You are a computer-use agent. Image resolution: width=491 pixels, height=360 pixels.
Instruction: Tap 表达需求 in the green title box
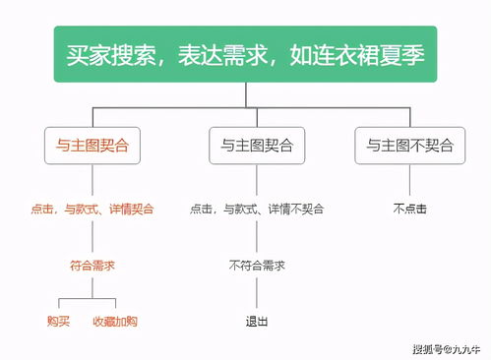(222, 56)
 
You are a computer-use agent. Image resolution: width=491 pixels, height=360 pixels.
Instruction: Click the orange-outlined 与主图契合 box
(92, 146)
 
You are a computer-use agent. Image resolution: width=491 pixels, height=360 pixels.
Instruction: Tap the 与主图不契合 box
(409, 146)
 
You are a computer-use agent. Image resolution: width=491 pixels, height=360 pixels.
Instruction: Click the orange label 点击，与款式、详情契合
(92, 209)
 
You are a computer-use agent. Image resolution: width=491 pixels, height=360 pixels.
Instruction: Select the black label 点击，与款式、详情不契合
(257, 209)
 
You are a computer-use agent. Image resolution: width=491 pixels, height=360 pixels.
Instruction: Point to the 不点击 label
(409, 209)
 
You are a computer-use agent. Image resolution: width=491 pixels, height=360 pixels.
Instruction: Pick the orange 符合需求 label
(92, 265)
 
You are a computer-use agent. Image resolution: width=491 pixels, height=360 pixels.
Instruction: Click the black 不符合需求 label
(257, 265)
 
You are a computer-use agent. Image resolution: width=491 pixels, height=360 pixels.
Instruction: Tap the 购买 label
(59, 321)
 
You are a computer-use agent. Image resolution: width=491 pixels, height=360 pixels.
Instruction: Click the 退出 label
(257, 321)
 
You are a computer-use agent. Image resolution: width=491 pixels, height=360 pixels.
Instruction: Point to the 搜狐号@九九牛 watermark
(448, 347)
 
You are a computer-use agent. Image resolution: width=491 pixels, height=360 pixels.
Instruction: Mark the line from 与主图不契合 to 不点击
(409, 181)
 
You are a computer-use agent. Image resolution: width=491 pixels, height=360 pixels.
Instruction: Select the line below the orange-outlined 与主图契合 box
(92, 181)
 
